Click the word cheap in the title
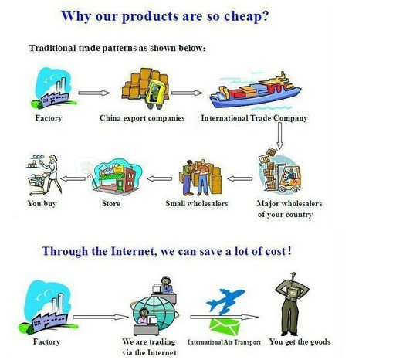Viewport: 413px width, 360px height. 243,16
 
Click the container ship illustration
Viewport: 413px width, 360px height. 256,90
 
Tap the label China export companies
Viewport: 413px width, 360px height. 142,118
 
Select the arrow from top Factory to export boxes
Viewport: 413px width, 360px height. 94,93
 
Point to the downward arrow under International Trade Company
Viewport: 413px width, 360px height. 279,135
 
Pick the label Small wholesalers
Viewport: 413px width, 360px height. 197,204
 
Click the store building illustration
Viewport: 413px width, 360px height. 116,177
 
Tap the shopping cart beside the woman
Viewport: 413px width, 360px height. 38,184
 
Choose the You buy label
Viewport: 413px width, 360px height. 42,204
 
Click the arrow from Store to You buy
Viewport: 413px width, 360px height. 73,178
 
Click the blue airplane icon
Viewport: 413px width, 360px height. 225,301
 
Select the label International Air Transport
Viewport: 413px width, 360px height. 224,342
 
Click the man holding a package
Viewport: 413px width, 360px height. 292,304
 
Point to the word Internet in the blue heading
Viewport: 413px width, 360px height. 132,251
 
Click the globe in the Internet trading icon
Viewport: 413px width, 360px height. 155,313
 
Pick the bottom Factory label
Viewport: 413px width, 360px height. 46,341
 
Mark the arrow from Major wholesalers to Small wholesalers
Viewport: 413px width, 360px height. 239,178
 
